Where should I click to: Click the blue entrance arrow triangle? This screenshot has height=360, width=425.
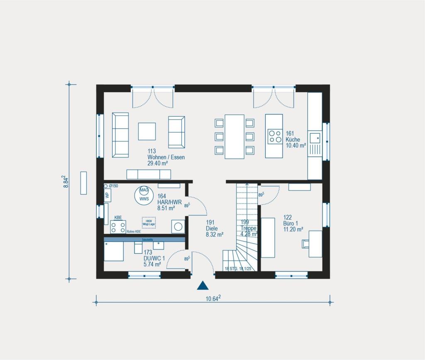pyautogui.click(x=202, y=285)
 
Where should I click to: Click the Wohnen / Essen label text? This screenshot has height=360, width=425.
pyautogui.click(x=166, y=157)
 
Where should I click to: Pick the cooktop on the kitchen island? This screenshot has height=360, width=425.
pyautogui.click(x=274, y=136)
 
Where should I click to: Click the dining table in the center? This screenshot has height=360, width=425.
pyautogui.click(x=234, y=136)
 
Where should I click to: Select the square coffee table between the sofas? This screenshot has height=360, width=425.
pyautogui.click(x=147, y=131)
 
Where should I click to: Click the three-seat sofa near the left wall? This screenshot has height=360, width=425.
pyautogui.click(x=120, y=135)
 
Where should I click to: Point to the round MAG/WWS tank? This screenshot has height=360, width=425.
pyautogui.click(x=144, y=194)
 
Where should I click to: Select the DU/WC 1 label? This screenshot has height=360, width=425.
pyautogui.click(x=154, y=258)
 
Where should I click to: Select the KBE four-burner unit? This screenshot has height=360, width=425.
pyautogui.click(x=118, y=227)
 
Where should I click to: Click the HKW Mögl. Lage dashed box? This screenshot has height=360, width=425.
pyautogui.click(x=149, y=223)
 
